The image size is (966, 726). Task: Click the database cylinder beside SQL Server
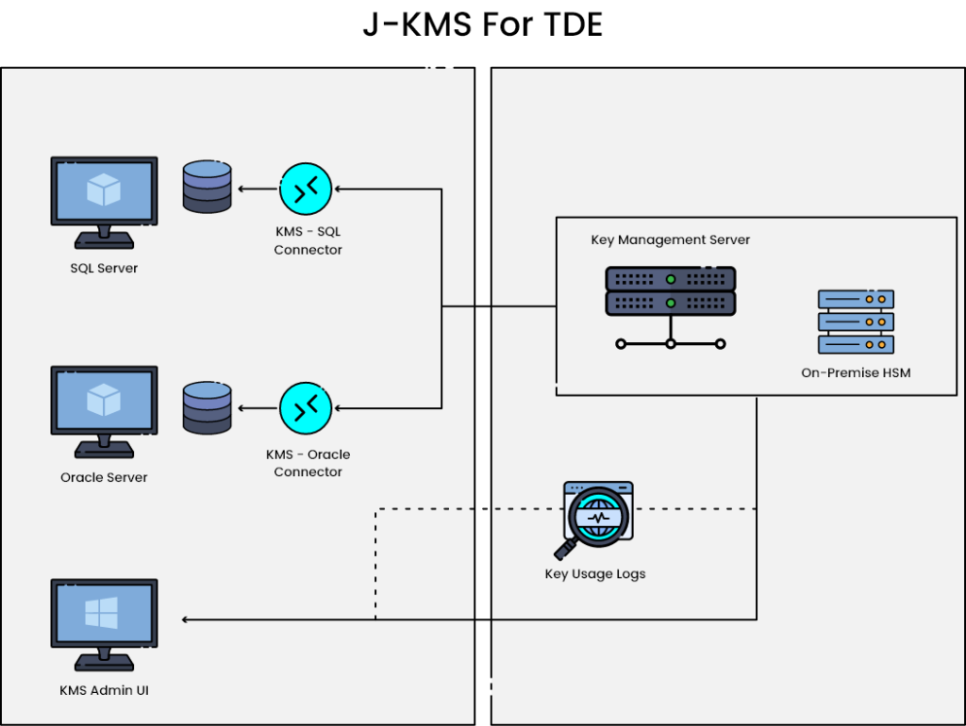[x=207, y=187]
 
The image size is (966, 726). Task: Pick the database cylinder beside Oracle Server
[x=207, y=407]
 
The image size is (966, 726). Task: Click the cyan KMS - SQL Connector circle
[x=307, y=189]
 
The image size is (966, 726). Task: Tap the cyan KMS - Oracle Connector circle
[x=307, y=408]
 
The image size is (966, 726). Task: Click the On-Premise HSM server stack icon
[x=856, y=322]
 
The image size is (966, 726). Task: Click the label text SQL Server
[x=104, y=269]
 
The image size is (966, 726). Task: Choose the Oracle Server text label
[x=104, y=478]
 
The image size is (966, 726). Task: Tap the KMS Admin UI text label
[x=104, y=691]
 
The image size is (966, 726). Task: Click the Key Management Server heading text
[x=671, y=240]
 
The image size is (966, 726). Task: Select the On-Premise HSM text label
[x=856, y=373]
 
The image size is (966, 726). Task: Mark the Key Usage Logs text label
[x=595, y=574]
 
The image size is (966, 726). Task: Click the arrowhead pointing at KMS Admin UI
[x=186, y=619]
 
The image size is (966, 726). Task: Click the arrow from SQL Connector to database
[x=256, y=189]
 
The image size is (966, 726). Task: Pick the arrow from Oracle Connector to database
[x=256, y=408]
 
